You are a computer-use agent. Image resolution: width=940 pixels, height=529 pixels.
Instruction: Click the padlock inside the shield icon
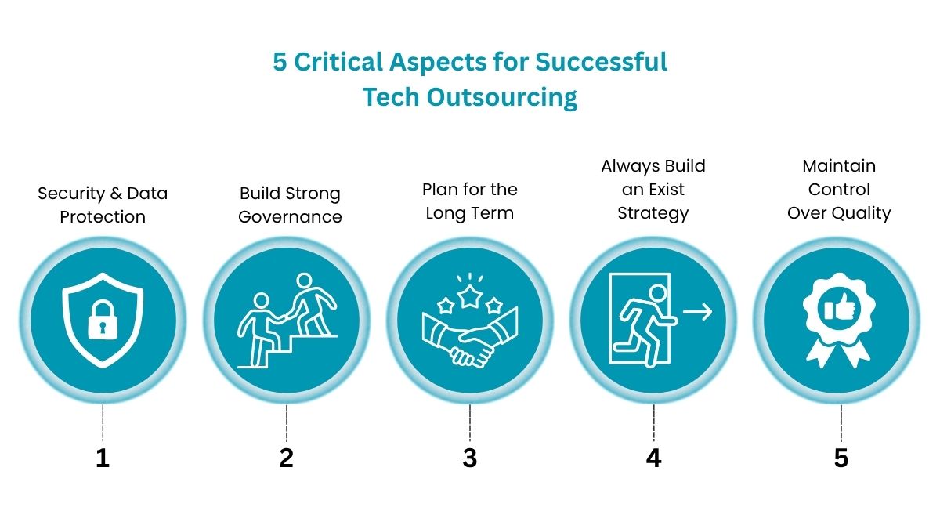(103, 320)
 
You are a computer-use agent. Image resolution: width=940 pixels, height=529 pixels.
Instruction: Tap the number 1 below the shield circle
(103, 458)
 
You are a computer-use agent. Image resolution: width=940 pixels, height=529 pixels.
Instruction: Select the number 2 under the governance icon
(287, 458)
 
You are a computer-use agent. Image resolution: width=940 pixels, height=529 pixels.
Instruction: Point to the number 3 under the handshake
(469, 458)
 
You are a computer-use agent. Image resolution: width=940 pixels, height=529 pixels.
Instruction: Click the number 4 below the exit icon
(653, 458)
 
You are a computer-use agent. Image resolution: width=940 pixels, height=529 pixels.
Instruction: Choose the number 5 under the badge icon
(841, 458)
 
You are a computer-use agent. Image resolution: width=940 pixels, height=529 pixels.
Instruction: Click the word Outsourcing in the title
(501, 97)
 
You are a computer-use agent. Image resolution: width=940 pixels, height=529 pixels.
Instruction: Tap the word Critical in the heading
(342, 61)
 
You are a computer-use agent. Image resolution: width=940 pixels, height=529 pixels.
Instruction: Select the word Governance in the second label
(290, 216)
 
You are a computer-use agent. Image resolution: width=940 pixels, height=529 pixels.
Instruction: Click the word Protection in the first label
(103, 216)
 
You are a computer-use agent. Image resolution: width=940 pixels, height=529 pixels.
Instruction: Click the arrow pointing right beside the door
(697, 312)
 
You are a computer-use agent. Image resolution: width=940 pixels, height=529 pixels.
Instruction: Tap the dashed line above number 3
(469, 423)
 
